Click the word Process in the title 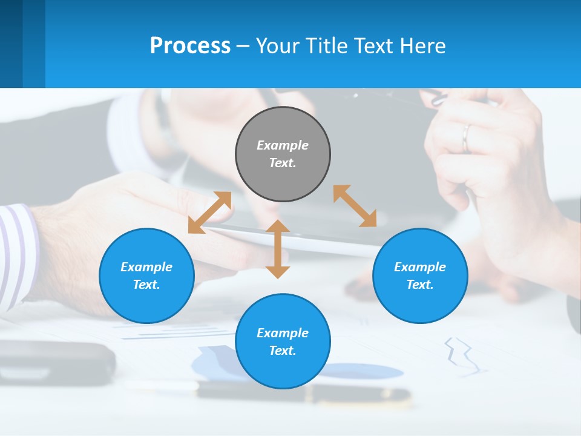point(190,46)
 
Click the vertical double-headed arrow point(278,249)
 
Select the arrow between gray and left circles point(210,212)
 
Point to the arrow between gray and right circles point(355,206)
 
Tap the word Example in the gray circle point(283,145)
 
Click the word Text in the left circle point(146,285)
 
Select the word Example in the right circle point(420,267)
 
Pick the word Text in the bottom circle point(283,351)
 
